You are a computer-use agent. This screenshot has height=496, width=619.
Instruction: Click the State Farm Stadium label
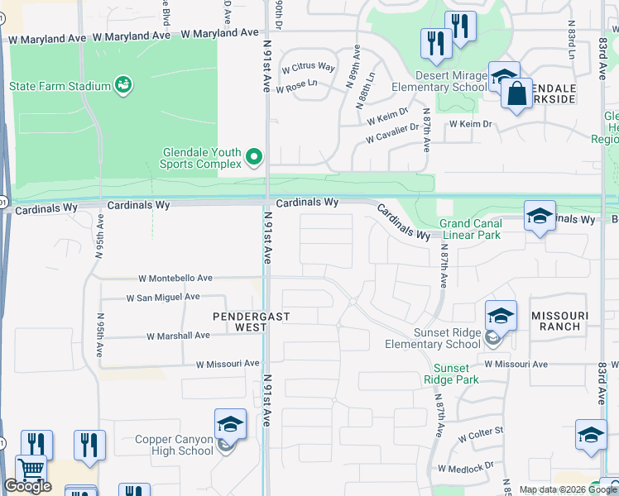pyautogui.click(x=60, y=86)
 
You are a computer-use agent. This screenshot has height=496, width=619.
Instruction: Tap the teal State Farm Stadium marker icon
pyautogui.click(x=123, y=85)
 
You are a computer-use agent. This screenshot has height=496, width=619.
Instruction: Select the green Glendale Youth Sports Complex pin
pyautogui.click(x=256, y=156)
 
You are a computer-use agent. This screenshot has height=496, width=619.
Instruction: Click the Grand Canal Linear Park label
pyautogui.click(x=470, y=229)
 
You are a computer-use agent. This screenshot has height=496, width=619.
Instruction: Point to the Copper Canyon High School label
pyautogui.click(x=174, y=446)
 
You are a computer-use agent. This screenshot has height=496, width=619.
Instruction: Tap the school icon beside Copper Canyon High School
pyautogui.click(x=230, y=426)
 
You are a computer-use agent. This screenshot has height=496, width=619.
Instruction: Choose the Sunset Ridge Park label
pyautogui.click(x=451, y=374)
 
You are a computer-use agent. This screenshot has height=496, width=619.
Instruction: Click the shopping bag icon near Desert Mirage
pyautogui.click(x=516, y=94)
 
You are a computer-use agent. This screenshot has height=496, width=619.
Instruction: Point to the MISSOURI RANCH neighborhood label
pyautogui.click(x=559, y=322)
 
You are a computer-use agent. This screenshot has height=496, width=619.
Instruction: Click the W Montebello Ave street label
pyautogui.click(x=175, y=279)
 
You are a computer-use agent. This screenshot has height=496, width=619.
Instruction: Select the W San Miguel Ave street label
pyautogui.click(x=163, y=297)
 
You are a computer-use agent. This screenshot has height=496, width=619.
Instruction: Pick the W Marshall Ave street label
pyautogui.click(x=178, y=336)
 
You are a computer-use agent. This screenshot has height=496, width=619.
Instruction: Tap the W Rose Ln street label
pyautogui.click(x=300, y=83)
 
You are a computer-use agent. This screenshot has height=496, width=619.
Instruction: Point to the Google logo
pyautogui.click(x=27, y=486)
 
